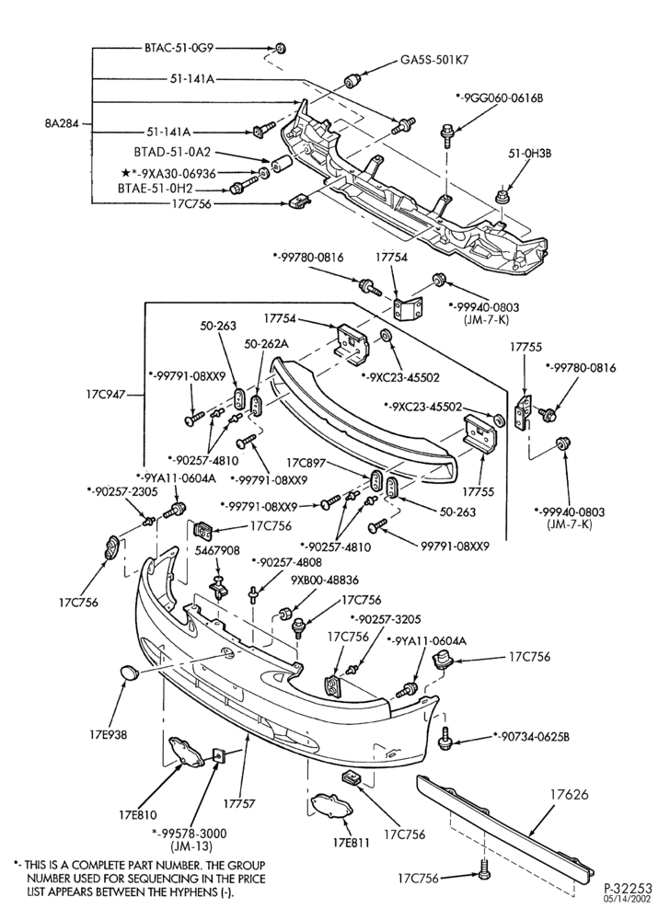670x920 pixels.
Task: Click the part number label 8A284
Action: [x=61, y=124]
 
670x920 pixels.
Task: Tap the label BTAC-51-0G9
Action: [x=179, y=47]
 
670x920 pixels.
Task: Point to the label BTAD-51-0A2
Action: [x=172, y=152]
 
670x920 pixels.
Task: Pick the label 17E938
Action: [x=109, y=734]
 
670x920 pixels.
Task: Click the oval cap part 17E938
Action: [x=130, y=673]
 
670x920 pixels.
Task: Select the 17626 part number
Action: [x=569, y=795]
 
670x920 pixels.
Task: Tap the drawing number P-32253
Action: [x=628, y=889]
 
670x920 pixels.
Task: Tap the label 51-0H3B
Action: [x=529, y=154]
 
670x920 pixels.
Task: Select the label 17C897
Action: [x=306, y=463]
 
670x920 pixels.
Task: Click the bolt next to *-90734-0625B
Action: [x=445, y=738]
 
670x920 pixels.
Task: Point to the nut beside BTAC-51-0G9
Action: [x=281, y=48]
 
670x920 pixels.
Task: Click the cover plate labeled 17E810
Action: [x=185, y=752]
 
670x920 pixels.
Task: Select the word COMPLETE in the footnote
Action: [x=86, y=866]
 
